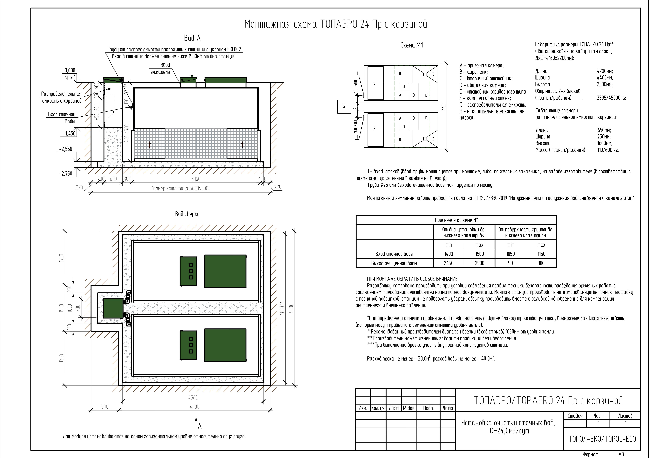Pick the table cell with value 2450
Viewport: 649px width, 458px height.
[x=449, y=263]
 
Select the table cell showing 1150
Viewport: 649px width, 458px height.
[x=541, y=254]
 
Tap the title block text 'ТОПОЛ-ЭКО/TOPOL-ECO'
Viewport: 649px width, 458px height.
[x=602, y=439]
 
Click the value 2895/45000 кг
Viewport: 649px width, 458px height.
[x=611, y=98]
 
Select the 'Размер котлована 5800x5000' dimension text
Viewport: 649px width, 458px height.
[x=180, y=188]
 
